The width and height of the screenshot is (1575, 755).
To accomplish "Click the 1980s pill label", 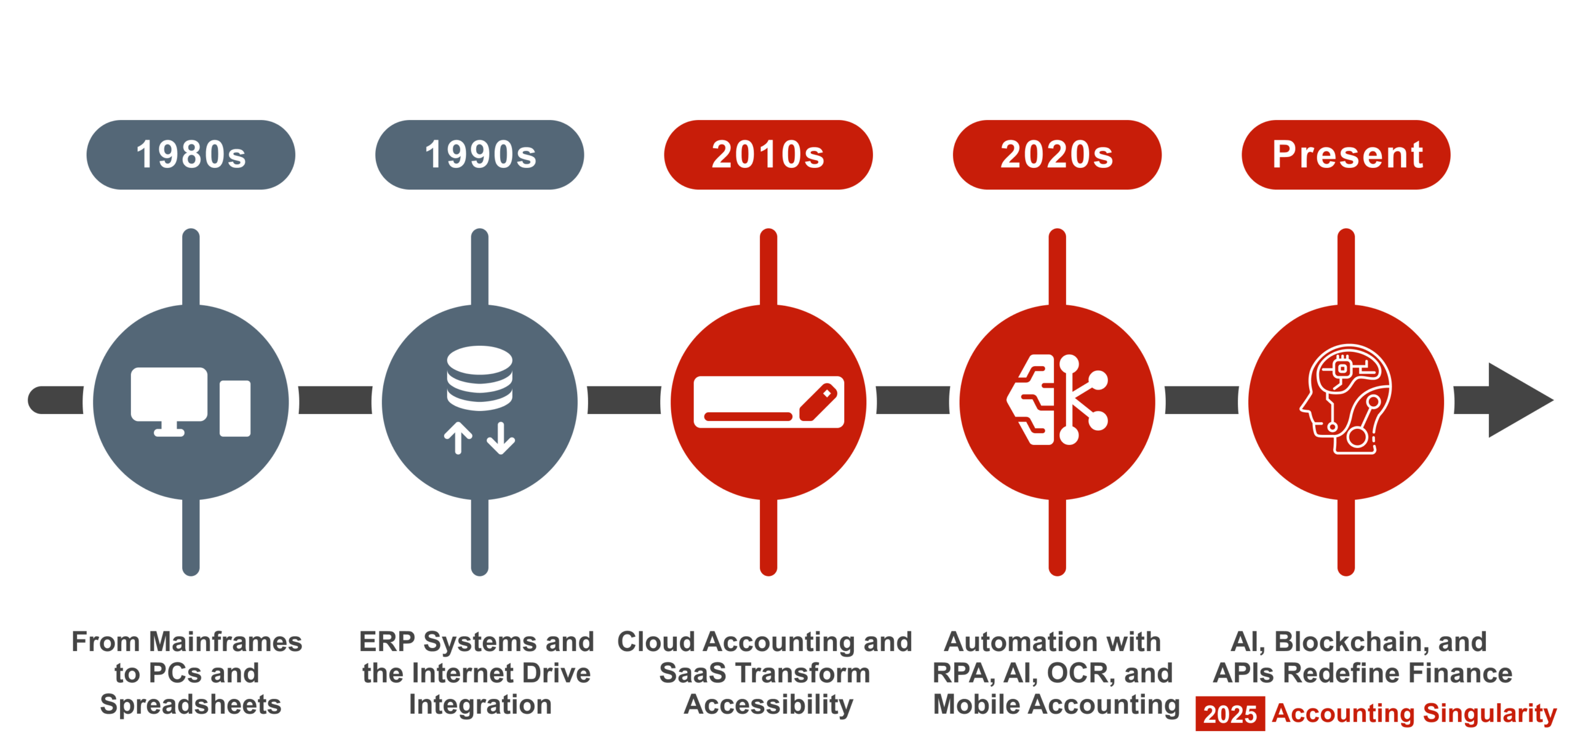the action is click(191, 154).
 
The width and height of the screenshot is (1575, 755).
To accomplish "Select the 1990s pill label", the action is click(480, 154).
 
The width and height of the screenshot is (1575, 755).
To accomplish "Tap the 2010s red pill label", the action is click(768, 154).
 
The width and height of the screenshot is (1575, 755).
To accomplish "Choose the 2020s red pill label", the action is click(1057, 154).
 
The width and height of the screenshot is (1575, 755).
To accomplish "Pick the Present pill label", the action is click(1346, 154).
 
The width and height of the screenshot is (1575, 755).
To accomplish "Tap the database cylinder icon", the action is click(480, 378).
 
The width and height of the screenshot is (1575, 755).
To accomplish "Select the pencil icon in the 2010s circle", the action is click(818, 402).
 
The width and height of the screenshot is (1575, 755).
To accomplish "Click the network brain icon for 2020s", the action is click(1057, 399).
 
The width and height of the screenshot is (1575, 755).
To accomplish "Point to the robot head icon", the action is click(1346, 399).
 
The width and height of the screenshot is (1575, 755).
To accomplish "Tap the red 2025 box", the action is click(1230, 714).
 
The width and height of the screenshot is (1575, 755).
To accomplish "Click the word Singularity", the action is click(1489, 714).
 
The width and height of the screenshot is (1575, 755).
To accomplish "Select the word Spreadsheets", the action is click(191, 705).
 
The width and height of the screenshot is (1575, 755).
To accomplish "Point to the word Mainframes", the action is click(226, 642).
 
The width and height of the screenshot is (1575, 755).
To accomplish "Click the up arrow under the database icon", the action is click(458, 438).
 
